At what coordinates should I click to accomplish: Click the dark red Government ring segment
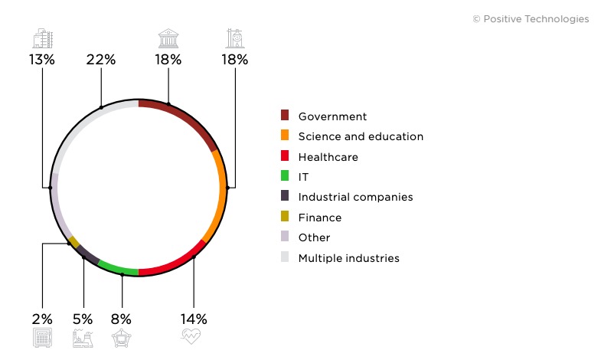184,116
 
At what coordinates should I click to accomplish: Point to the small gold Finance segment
73,242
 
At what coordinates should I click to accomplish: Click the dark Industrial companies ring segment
88,256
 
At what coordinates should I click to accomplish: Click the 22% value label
101,60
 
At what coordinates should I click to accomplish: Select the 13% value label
41,60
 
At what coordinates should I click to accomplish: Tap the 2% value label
42,319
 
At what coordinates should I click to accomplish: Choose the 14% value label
194,319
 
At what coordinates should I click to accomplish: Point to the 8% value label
121,319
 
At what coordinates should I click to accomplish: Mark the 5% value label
83,319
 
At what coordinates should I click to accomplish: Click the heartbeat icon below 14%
191,336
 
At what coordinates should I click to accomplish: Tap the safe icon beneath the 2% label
42,338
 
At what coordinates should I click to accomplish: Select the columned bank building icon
168,38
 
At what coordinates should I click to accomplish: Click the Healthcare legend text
328,157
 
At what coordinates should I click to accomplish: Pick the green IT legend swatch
285,176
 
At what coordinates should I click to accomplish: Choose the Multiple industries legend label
348,258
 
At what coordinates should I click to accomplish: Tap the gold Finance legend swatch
285,217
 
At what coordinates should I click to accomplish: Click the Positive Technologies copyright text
531,19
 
